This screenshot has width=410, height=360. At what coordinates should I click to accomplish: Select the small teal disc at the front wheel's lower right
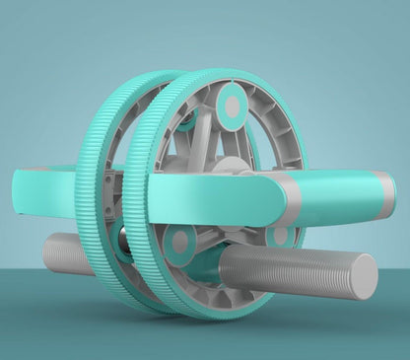point(281,236)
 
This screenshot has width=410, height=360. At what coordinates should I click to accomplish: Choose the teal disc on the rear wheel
point(184,120)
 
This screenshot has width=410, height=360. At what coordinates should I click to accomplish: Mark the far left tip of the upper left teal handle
point(17,187)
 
